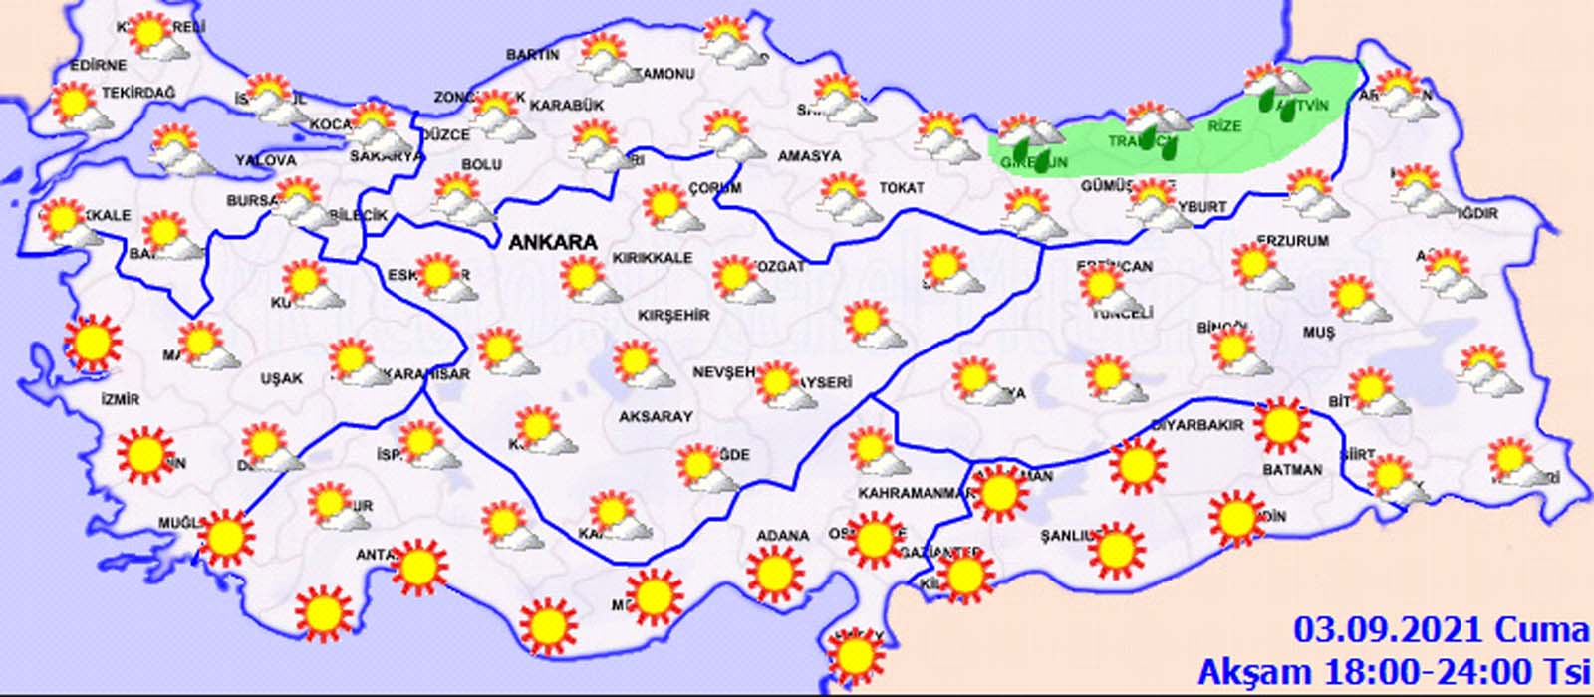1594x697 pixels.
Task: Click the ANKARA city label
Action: [553, 242]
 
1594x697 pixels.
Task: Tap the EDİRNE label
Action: [98, 66]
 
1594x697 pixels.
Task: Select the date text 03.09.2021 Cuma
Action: [1441, 629]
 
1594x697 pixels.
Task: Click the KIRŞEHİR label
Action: [674, 315]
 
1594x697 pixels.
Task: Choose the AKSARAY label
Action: [656, 417]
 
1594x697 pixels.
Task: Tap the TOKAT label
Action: [901, 187]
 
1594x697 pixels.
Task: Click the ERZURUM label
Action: [1292, 242]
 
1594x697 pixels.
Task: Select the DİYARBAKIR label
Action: [1196, 425]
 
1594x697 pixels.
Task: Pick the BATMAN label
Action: [1292, 469]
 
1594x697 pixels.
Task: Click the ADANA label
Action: [782, 536]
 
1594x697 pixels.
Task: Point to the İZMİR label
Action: [120, 399]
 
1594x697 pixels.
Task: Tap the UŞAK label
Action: [281, 379]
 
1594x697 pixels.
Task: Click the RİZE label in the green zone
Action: [1224, 126]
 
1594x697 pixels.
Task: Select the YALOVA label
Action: [265, 160]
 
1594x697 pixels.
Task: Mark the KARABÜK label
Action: [567, 105]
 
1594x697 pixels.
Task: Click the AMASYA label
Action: [809, 156]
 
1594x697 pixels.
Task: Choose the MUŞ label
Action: [1318, 333]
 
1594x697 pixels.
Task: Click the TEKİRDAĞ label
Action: [137, 93]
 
